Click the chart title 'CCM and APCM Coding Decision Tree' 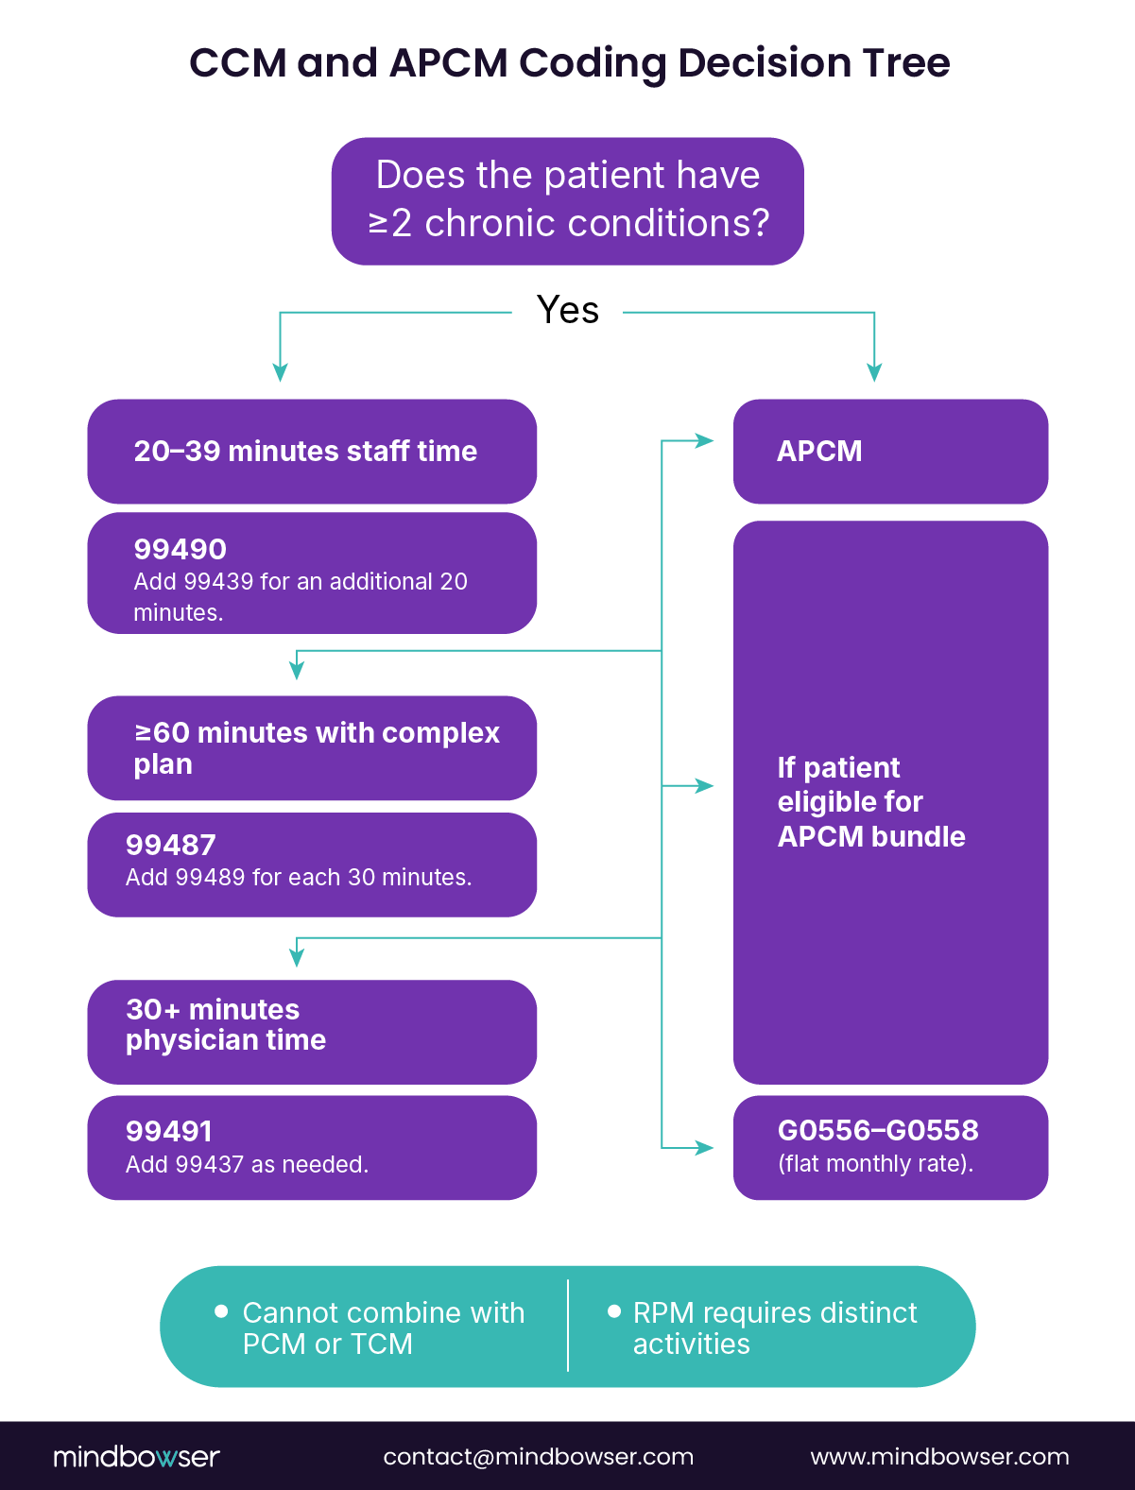point(569,63)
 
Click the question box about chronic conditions point(567,200)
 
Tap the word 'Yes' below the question point(567,310)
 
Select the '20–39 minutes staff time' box point(311,451)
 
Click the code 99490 point(180,549)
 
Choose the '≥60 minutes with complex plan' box point(311,747)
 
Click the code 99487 point(171,845)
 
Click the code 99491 point(169,1131)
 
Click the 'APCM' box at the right point(889,451)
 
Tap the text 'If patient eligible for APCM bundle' point(870,801)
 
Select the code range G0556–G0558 point(877,1130)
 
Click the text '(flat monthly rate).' point(875,1163)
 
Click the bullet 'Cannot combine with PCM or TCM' point(382,1327)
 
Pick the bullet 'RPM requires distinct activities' point(774,1327)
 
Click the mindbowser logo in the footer point(136,1456)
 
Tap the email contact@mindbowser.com point(538,1456)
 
